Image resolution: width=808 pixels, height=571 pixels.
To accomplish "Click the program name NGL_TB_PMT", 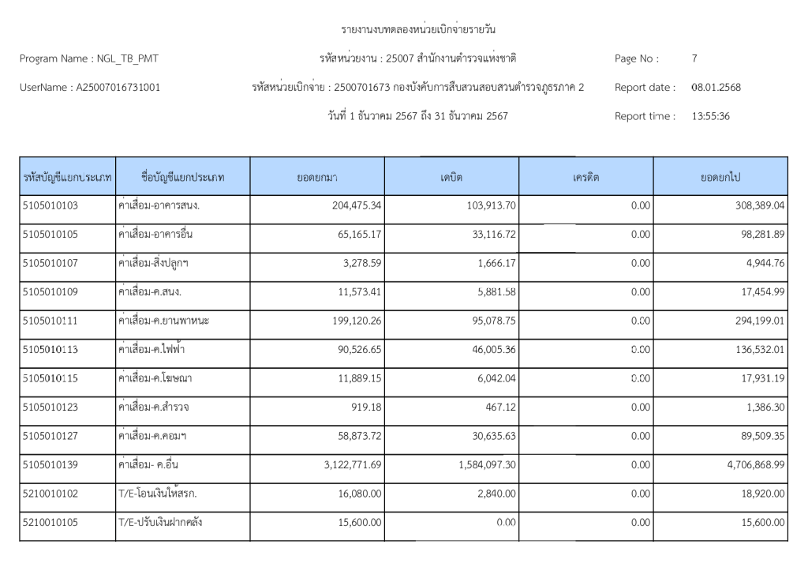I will pyautogui.click(x=129, y=58).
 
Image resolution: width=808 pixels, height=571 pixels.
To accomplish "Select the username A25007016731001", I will pyautogui.click(x=118, y=87).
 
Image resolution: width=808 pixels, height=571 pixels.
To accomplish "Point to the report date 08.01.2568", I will pyautogui.click(x=715, y=87).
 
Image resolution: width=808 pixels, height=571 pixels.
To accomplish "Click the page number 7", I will pyautogui.click(x=694, y=58).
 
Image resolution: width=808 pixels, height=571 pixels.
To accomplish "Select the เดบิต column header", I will pyautogui.click(x=451, y=177).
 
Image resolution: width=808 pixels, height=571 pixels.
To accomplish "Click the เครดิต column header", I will pyautogui.click(x=586, y=177).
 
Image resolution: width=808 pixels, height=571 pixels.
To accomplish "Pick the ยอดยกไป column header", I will pyautogui.click(x=720, y=177).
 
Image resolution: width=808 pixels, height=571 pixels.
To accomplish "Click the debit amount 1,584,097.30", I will pyautogui.click(x=487, y=464).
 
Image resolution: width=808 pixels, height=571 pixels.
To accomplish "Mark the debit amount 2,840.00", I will pyautogui.click(x=499, y=494).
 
